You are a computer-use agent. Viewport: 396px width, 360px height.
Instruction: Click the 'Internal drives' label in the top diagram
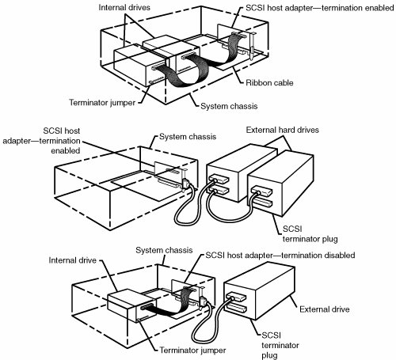coord(124,7)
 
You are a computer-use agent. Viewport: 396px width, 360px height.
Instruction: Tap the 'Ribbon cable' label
coord(269,83)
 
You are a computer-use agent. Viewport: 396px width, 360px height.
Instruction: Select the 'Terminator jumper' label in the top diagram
coord(102,102)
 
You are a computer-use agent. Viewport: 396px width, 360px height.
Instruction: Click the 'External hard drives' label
coord(282,130)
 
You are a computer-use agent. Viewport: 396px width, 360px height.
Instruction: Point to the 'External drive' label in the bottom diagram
coord(325,309)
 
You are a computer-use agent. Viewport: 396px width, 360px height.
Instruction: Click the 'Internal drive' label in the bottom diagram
coord(72,260)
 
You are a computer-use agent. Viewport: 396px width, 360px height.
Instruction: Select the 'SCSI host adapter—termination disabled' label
coord(280,256)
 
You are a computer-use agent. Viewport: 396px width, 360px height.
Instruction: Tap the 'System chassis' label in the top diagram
coord(229,106)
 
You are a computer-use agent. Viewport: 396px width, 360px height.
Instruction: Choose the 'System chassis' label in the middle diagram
coord(188,137)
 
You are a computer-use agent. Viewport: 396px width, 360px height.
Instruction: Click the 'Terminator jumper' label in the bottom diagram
coord(192,351)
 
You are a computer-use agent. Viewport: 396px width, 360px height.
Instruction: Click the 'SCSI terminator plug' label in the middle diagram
coord(310,233)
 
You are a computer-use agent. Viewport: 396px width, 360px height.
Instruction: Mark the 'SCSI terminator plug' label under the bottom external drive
coord(280,345)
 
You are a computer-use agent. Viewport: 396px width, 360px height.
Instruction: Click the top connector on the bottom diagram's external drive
coord(236,296)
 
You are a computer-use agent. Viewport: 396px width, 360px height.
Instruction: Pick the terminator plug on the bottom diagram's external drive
coord(237,308)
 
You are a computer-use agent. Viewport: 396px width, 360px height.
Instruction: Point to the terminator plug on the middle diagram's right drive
coord(262,203)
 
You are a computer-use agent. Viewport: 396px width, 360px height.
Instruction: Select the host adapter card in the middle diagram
coord(171,175)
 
